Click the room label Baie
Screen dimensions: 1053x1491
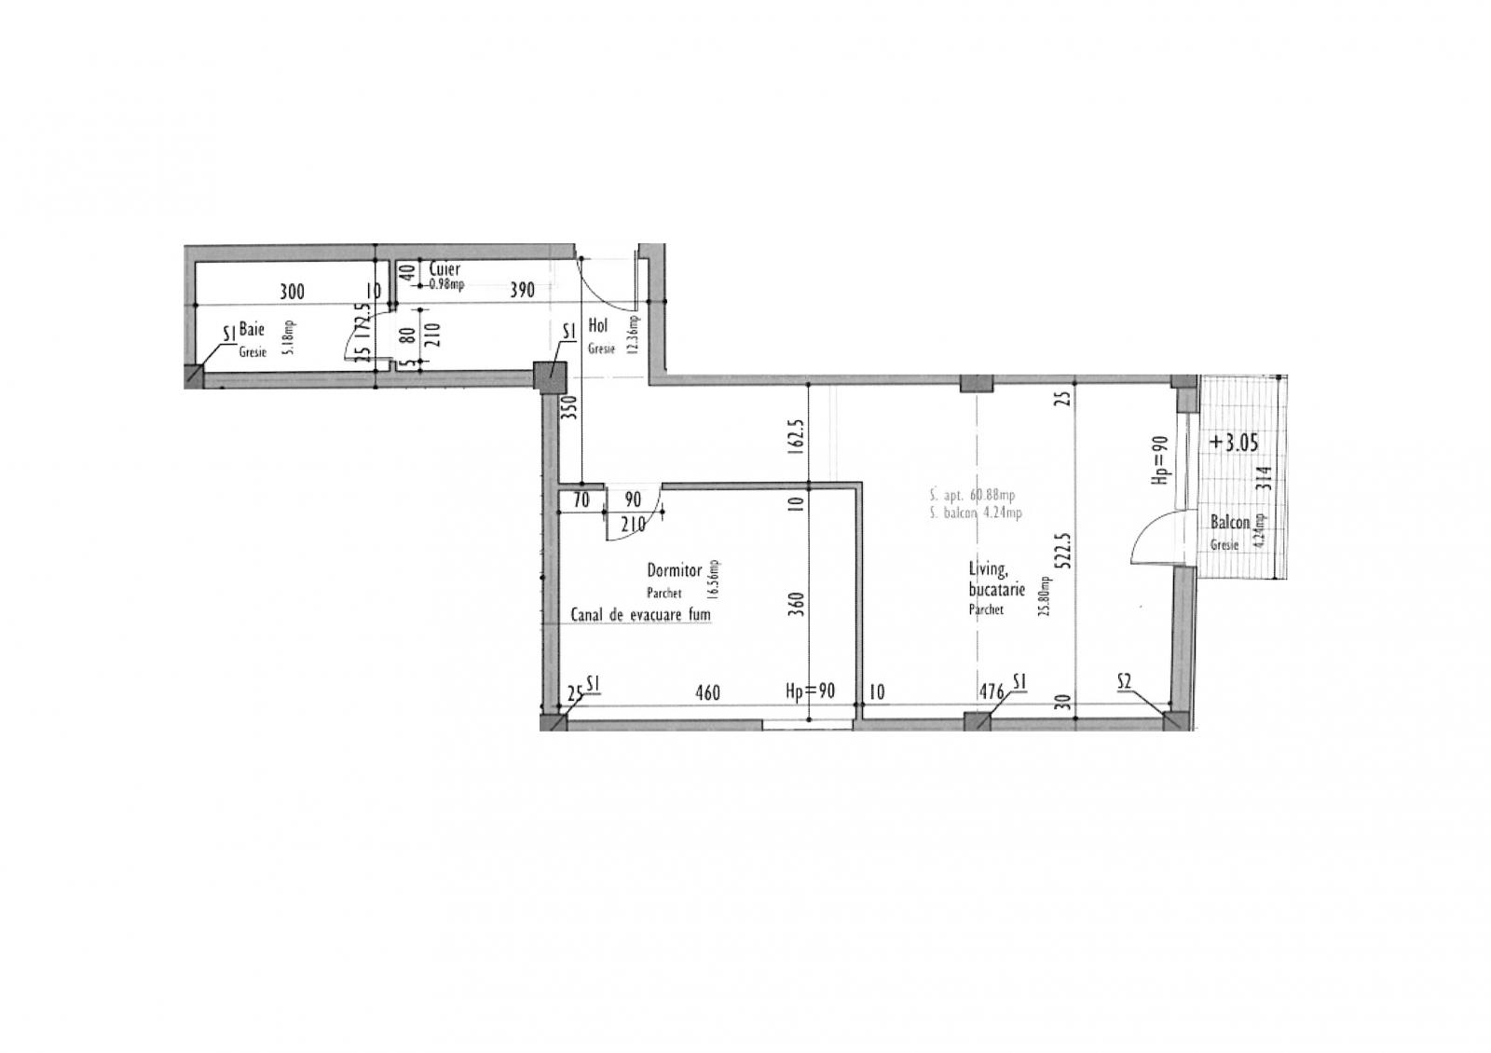coord(252,330)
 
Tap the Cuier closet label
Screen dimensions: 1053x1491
coord(445,269)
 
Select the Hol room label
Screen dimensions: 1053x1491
coord(598,327)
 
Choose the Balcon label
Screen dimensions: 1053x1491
coord(1229,524)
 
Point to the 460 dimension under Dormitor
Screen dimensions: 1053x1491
coord(708,693)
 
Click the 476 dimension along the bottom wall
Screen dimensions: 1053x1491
coord(991,693)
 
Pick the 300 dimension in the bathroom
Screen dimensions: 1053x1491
coord(292,292)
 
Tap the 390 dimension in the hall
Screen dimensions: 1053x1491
coord(522,291)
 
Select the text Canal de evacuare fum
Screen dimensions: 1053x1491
coord(640,616)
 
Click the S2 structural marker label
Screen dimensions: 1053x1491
coord(1124,683)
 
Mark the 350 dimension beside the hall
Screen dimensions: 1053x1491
coord(571,408)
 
